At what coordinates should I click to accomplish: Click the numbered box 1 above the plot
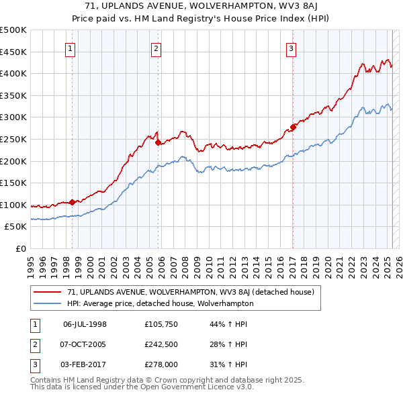click(x=71, y=48)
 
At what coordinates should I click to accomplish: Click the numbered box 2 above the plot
click(x=156, y=48)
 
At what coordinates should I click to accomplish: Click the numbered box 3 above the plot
click(x=292, y=48)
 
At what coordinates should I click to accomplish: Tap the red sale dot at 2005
click(x=158, y=142)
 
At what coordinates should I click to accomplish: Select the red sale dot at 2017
click(x=293, y=127)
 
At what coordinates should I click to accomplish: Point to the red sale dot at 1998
click(x=72, y=202)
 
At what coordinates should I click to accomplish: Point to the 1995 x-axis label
click(x=30, y=262)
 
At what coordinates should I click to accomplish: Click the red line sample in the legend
click(x=48, y=292)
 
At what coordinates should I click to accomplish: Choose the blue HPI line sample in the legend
click(x=48, y=303)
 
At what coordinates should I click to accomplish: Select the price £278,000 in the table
click(x=162, y=364)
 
